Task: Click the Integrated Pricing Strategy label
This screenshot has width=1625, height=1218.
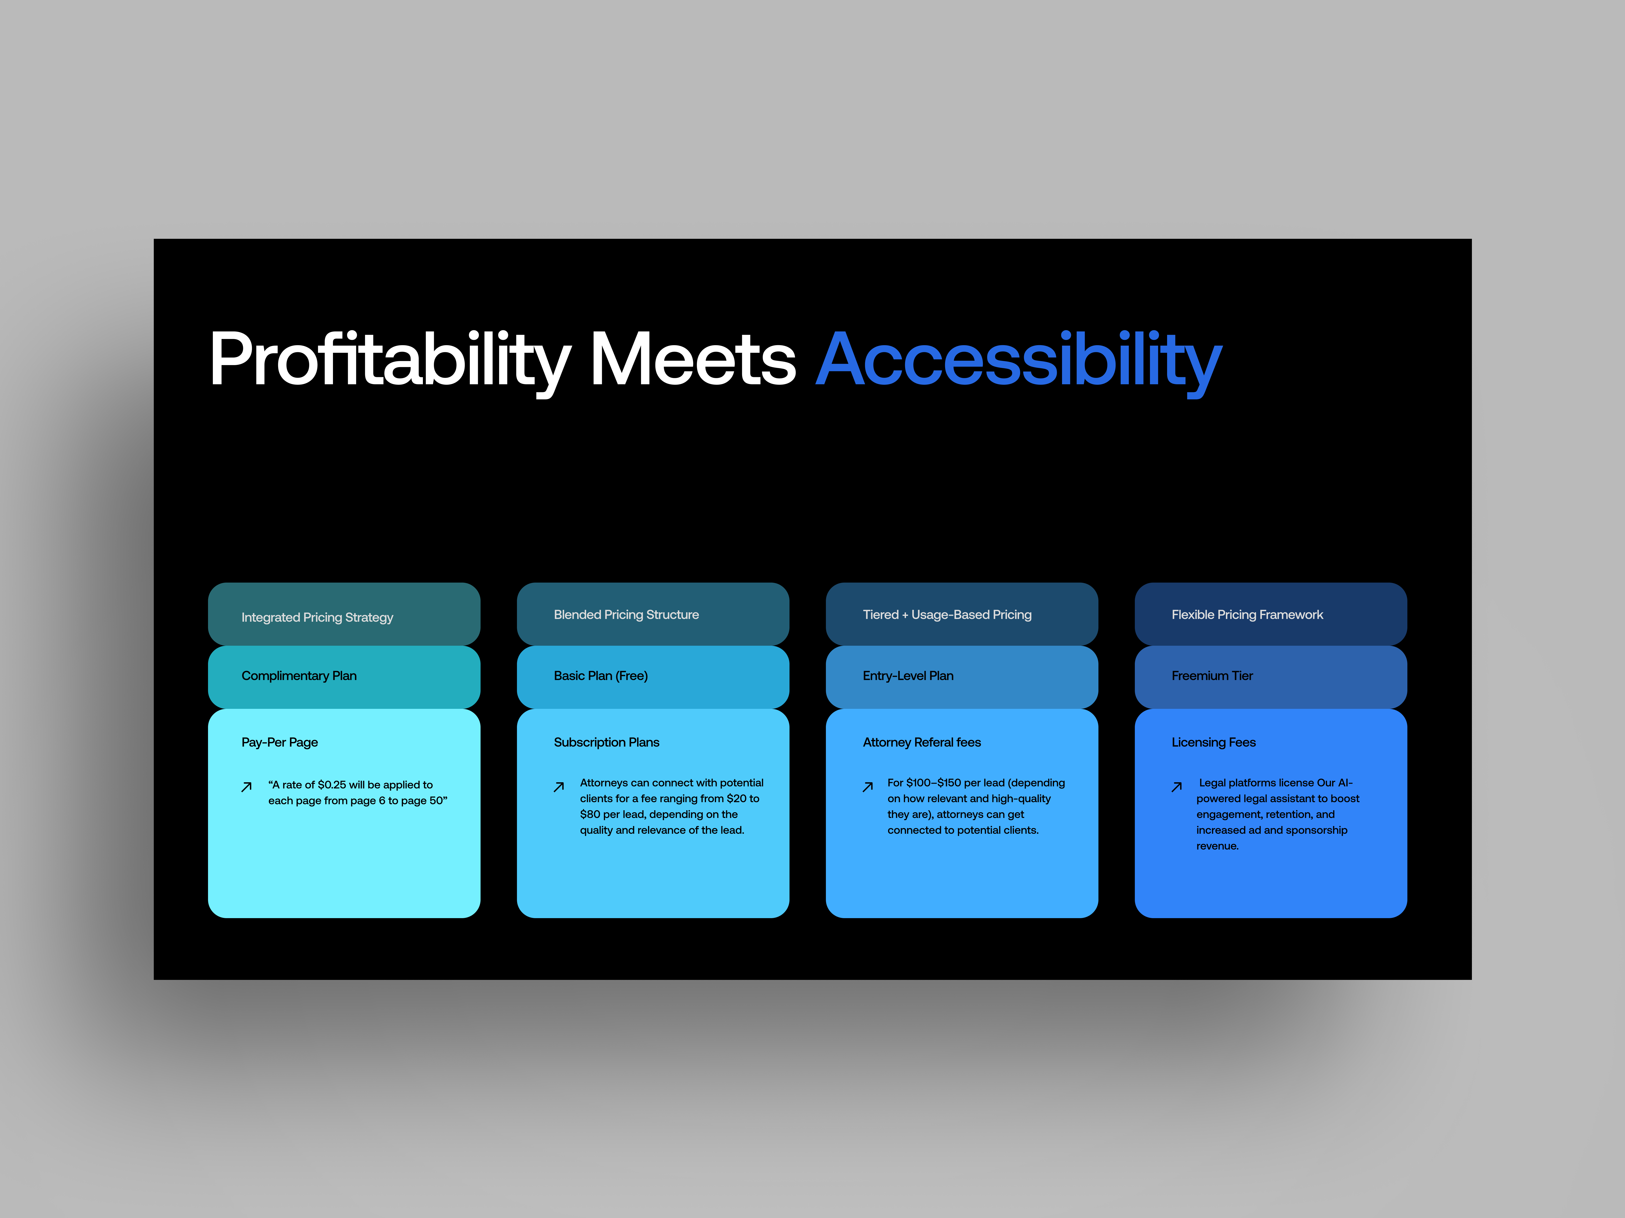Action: click(317, 617)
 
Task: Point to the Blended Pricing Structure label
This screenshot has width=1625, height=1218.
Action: click(626, 615)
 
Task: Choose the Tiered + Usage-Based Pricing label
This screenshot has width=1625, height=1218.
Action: click(947, 615)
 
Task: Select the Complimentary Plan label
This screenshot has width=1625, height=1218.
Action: click(299, 675)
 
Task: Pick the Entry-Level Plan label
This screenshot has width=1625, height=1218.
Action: click(908, 675)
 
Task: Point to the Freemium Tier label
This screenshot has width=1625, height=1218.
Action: click(1212, 675)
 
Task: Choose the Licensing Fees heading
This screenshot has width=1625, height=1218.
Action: click(1214, 742)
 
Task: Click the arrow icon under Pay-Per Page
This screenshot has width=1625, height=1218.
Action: click(247, 787)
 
